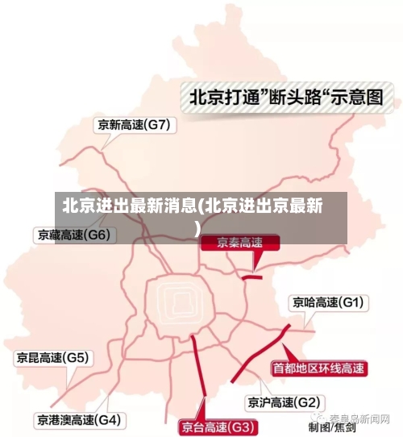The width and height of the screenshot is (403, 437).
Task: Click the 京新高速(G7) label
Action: [133, 125]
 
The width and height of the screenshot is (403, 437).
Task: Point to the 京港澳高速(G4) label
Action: [78, 420]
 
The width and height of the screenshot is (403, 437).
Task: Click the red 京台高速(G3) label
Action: [218, 427]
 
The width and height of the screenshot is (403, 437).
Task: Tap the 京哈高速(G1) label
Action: [328, 303]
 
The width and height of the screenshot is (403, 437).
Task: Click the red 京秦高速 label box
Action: [240, 243]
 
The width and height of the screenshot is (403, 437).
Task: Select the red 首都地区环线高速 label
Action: [318, 368]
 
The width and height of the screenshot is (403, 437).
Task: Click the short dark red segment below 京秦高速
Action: [252, 277]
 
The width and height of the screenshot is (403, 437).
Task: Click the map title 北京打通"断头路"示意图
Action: [285, 98]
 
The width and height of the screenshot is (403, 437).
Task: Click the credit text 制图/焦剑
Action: [331, 427]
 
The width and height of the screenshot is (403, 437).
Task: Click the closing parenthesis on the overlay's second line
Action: [197, 228]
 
